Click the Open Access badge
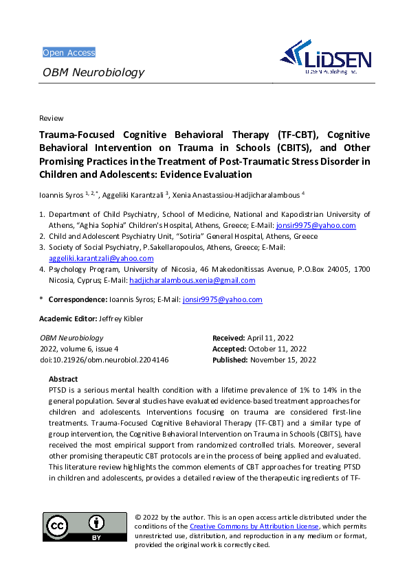click(x=69, y=53)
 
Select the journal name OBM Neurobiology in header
click(x=93, y=73)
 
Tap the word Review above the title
click(x=52, y=119)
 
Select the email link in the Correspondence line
click(x=222, y=300)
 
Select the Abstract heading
click(x=63, y=379)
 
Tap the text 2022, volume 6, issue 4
click(x=78, y=349)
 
